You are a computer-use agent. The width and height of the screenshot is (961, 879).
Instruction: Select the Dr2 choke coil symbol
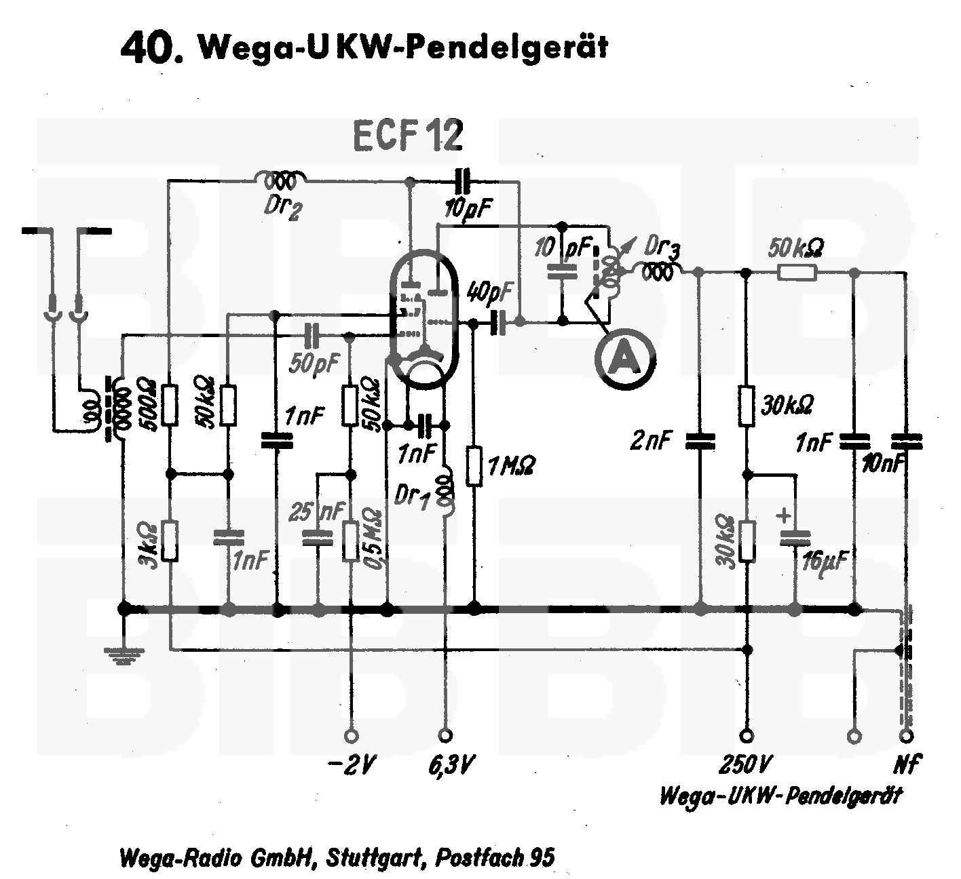pyautogui.click(x=280, y=180)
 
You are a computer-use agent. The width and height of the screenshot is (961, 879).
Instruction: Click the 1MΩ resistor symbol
pyautogui.click(x=474, y=466)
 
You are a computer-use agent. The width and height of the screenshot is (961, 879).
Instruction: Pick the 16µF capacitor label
pyautogui.click(x=825, y=562)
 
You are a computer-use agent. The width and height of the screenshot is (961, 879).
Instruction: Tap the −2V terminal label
pyautogui.click(x=351, y=766)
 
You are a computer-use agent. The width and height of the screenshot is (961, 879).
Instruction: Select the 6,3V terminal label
pyautogui.click(x=450, y=766)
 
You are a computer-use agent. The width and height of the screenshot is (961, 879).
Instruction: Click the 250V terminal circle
pyautogui.click(x=747, y=736)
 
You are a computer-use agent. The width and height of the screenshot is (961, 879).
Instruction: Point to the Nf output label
pyautogui.click(x=907, y=765)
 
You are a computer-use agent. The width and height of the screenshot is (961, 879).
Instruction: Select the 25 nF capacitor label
pyautogui.click(x=317, y=511)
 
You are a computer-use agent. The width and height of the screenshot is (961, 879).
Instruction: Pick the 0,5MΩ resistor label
pyautogui.click(x=374, y=539)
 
